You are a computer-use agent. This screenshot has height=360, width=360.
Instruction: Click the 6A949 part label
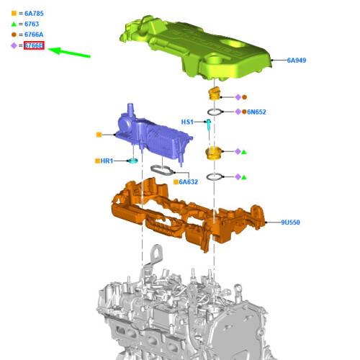pos(297,60)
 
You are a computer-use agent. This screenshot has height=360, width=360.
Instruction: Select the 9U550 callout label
pos(290,222)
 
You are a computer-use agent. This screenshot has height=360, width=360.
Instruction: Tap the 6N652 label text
pos(256,112)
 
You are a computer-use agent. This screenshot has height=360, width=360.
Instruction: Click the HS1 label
pos(187,122)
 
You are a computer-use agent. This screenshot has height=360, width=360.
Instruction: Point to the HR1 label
pos(107,161)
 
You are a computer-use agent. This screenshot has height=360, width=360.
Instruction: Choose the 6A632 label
pos(189,182)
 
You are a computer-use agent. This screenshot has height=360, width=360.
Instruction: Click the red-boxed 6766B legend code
pos(34,45)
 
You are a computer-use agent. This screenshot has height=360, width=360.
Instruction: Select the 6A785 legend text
pos(34,14)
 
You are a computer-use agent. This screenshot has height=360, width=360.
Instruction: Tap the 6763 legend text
pos(32,24)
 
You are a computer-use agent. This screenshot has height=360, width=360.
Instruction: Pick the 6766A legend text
pos(34,35)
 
